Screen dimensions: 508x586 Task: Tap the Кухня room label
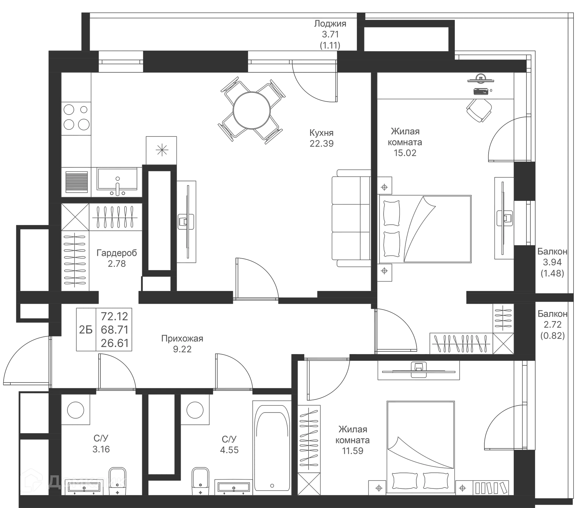[x=322, y=133]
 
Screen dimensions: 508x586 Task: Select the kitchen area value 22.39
[x=322, y=143]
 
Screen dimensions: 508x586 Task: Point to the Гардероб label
[x=116, y=253]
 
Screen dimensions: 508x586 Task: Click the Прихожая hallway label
[x=182, y=339]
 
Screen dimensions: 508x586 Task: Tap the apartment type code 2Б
[x=85, y=330]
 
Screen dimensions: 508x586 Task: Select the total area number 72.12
[x=115, y=316]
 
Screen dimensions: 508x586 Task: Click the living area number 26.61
[x=115, y=343]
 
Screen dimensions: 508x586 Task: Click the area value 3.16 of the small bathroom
[x=101, y=449]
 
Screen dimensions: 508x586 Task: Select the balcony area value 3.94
[x=552, y=262]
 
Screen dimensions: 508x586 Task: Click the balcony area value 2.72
[x=552, y=325]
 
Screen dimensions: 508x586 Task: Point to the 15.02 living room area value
[x=405, y=153]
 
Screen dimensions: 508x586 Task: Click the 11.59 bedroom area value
[x=353, y=451]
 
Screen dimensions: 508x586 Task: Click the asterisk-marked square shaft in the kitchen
[x=161, y=150]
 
